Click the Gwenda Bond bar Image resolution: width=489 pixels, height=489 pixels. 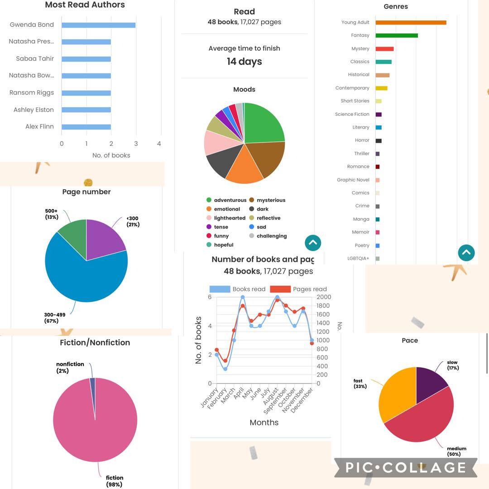tap(98, 25)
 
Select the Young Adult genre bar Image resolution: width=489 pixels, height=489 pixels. tap(411, 22)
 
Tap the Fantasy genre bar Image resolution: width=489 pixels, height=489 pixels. tap(396, 35)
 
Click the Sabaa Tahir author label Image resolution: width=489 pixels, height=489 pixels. tap(35, 58)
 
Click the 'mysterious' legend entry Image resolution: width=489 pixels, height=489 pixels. tap(271, 200)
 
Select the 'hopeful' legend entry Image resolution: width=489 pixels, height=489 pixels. tap(224, 245)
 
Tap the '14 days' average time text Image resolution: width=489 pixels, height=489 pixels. tap(244, 62)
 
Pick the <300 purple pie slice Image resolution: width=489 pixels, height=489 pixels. tap(103, 235)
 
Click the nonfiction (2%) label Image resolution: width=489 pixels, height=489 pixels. tap(70, 367)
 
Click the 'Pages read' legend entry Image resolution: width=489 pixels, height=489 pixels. tap(310, 289)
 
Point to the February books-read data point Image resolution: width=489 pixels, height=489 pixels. tap(225, 369)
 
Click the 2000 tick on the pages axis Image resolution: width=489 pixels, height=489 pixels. tap(324, 297)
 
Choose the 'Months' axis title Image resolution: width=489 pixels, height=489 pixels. tap(264, 422)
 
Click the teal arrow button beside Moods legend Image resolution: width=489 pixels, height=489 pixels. tap(313, 243)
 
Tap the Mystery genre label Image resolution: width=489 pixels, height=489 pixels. tap(360, 48)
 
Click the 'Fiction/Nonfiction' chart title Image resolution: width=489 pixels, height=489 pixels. tap(95, 343)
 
